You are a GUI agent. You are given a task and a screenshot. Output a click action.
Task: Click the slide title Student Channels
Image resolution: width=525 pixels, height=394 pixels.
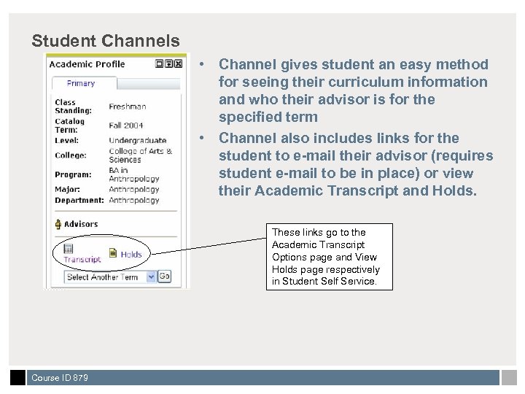pyautogui.click(x=106, y=40)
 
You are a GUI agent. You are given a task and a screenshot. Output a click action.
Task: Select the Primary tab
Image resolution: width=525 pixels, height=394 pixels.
pyautogui.click(x=81, y=83)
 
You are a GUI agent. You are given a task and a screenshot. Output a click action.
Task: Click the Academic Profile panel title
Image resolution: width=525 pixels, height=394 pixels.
pyautogui.click(x=87, y=64)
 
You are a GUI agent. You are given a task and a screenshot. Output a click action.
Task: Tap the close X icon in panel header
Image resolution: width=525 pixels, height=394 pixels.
pyautogui.click(x=179, y=64)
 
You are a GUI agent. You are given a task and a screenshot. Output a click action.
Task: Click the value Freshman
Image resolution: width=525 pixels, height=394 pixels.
pyautogui.click(x=128, y=107)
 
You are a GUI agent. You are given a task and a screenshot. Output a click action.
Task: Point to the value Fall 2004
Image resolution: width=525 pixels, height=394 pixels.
pyautogui.click(x=126, y=125)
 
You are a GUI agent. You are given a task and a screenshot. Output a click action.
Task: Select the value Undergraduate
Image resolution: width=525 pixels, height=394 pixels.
pyautogui.click(x=138, y=140)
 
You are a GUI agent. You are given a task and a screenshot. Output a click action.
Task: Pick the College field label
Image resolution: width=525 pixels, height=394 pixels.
pyautogui.click(x=71, y=155)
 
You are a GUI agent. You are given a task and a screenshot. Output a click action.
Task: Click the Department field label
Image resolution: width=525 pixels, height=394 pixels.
pyautogui.click(x=79, y=200)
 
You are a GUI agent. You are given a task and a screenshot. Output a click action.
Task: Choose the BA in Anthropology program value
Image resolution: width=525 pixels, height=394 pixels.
pyautogui.click(x=134, y=175)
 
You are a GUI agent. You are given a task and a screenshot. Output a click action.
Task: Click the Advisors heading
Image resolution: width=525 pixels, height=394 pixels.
pyautogui.click(x=80, y=224)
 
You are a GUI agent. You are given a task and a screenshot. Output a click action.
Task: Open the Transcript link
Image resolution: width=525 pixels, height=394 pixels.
pyautogui.click(x=82, y=259)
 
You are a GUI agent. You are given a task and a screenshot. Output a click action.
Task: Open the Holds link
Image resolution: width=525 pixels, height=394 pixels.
pyautogui.click(x=131, y=254)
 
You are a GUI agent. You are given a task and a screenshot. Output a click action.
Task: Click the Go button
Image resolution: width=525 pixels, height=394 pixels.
pyautogui.click(x=165, y=277)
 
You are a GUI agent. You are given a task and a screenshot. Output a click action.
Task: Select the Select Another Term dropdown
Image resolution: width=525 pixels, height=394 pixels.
pyautogui.click(x=110, y=277)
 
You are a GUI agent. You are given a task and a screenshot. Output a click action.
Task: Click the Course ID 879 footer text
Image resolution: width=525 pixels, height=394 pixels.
pyautogui.click(x=60, y=378)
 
